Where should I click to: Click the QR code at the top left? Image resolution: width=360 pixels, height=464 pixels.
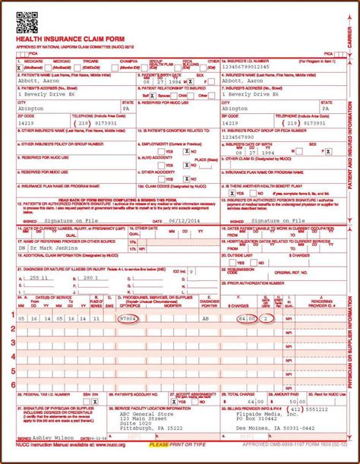pos(27,21)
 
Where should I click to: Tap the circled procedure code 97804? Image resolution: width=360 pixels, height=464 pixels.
pos(128,320)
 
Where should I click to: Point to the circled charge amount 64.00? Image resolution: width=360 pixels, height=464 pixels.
pos(245,320)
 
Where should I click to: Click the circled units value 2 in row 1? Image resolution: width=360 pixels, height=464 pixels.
pos(266,320)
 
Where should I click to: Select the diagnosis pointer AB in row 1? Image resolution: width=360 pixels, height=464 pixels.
pos(206,320)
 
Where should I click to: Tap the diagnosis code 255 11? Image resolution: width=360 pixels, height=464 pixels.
pos(36,278)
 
